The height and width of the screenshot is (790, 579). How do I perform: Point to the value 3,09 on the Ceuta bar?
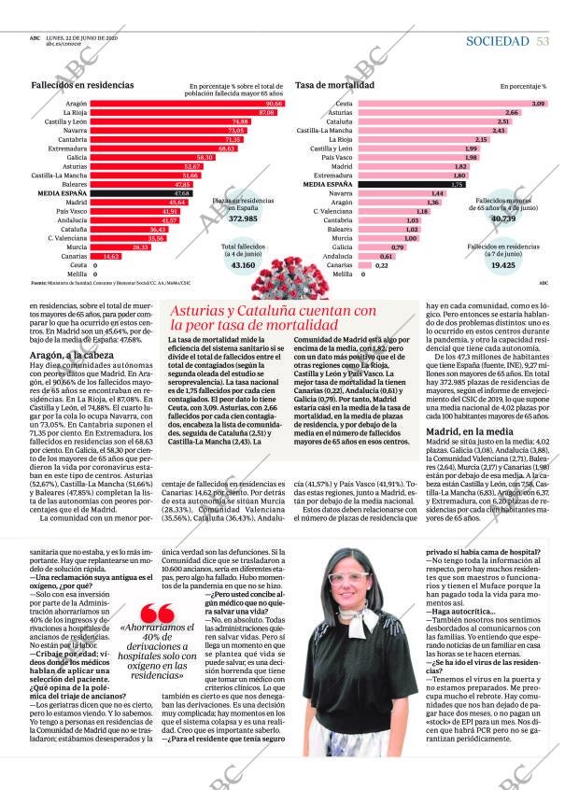point(538,103)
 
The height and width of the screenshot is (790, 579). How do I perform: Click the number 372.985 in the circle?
point(243,219)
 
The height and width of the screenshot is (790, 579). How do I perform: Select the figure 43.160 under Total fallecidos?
point(243,265)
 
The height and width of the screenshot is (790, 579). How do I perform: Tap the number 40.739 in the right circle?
point(502,218)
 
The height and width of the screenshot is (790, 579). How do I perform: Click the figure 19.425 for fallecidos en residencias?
point(502,265)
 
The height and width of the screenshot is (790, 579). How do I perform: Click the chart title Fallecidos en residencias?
point(82,85)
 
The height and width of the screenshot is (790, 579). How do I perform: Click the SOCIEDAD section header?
point(497,41)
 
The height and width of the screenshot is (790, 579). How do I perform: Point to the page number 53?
point(543,41)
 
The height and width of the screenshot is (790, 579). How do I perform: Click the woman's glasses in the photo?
point(349,580)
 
